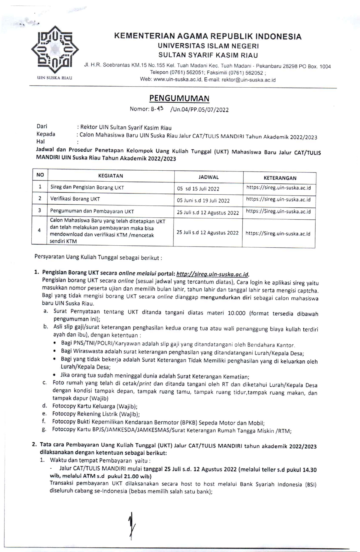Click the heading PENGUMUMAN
(x=179, y=98)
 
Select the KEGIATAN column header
(x=110, y=176)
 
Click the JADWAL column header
(x=208, y=177)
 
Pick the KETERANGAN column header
(x=280, y=178)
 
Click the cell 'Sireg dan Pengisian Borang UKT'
(x=87, y=187)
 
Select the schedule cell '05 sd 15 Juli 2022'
(x=198, y=189)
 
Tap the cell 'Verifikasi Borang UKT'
(x=75, y=199)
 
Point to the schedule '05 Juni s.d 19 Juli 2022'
(x=203, y=201)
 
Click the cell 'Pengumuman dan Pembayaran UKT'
(x=92, y=211)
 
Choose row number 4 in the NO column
(x=39, y=230)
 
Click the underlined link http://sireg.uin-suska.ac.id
(x=212, y=274)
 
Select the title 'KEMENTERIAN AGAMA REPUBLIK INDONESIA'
(x=208, y=36)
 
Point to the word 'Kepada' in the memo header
(x=46, y=134)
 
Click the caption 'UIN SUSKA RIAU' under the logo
(x=55, y=78)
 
